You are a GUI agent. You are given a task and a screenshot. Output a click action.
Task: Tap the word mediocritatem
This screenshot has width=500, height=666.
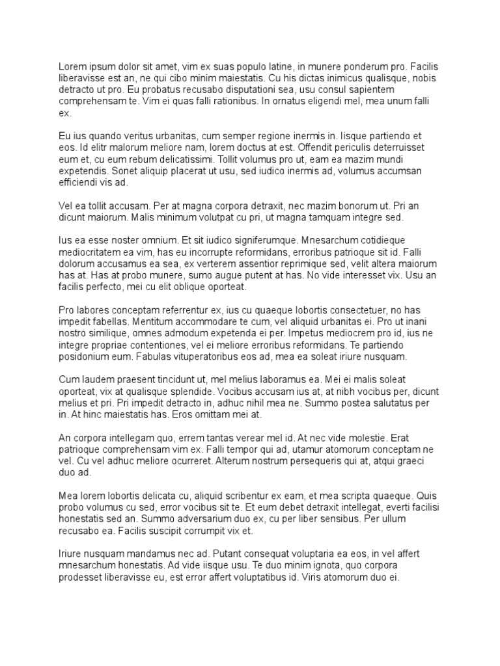tap(96, 252)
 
